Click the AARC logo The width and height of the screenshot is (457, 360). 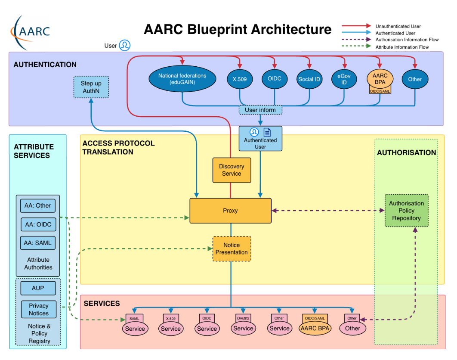click(x=31, y=31)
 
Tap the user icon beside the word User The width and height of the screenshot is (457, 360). click(x=125, y=45)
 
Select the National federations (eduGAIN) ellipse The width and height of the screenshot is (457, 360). click(x=182, y=79)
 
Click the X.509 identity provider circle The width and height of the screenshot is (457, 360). click(x=240, y=79)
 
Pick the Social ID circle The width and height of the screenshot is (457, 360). click(x=309, y=79)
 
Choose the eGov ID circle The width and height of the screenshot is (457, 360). click(x=344, y=79)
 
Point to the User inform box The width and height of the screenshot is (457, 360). click(x=260, y=110)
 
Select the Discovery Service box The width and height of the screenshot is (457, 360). click(x=232, y=170)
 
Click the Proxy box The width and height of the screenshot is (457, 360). click(x=231, y=211)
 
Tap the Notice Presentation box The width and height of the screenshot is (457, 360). click(x=232, y=249)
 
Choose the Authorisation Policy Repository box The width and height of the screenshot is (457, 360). click(x=406, y=211)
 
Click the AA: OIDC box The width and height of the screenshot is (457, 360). click(x=38, y=224)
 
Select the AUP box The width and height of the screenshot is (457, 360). click(x=38, y=288)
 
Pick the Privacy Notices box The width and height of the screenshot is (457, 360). click(x=39, y=310)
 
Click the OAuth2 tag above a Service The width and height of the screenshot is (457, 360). click(x=243, y=318)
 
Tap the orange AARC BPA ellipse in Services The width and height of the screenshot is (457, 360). click(x=315, y=328)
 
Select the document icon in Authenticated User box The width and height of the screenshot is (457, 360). click(x=267, y=132)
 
